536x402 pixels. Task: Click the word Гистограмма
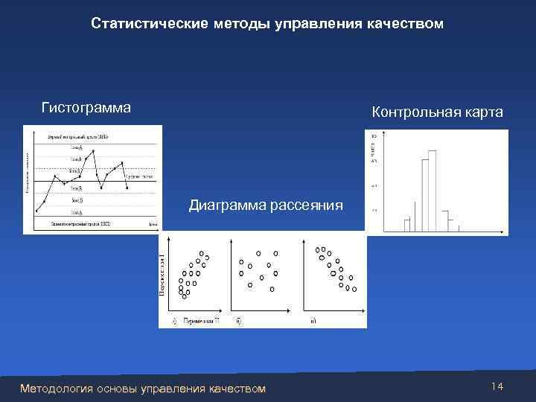(86, 108)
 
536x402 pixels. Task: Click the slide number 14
(498, 386)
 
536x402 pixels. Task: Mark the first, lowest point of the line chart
(36, 211)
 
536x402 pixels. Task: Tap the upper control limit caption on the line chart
(77, 137)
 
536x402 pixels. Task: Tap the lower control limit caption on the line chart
(80, 223)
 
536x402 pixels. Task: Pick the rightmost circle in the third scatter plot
(354, 290)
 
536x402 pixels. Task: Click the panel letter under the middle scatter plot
(238, 321)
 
